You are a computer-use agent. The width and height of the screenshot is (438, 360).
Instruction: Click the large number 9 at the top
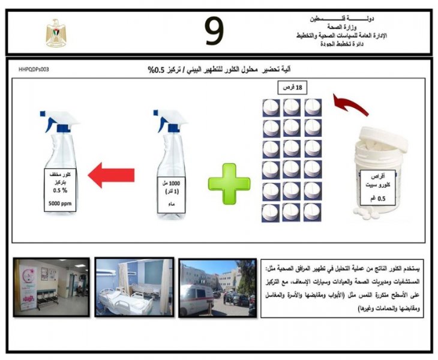point(215,31)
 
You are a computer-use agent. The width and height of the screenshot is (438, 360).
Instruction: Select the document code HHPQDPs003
point(34,70)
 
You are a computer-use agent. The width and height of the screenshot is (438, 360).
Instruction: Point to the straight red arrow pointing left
point(110,177)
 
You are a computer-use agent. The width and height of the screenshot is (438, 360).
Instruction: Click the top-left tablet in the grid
point(271,107)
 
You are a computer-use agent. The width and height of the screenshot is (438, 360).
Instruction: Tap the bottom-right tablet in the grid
point(313,211)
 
